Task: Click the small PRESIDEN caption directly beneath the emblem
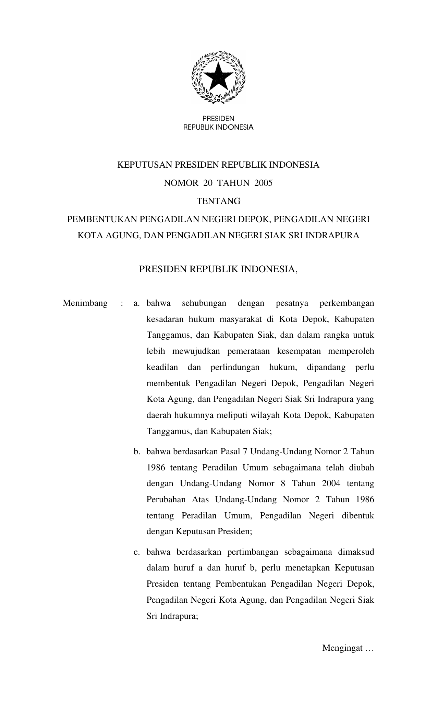point(218,119)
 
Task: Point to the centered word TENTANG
point(218,201)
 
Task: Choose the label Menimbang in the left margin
point(85,303)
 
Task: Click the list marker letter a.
point(136,303)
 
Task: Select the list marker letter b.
point(137,452)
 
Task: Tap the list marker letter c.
point(136,552)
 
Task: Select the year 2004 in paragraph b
point(331,483)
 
